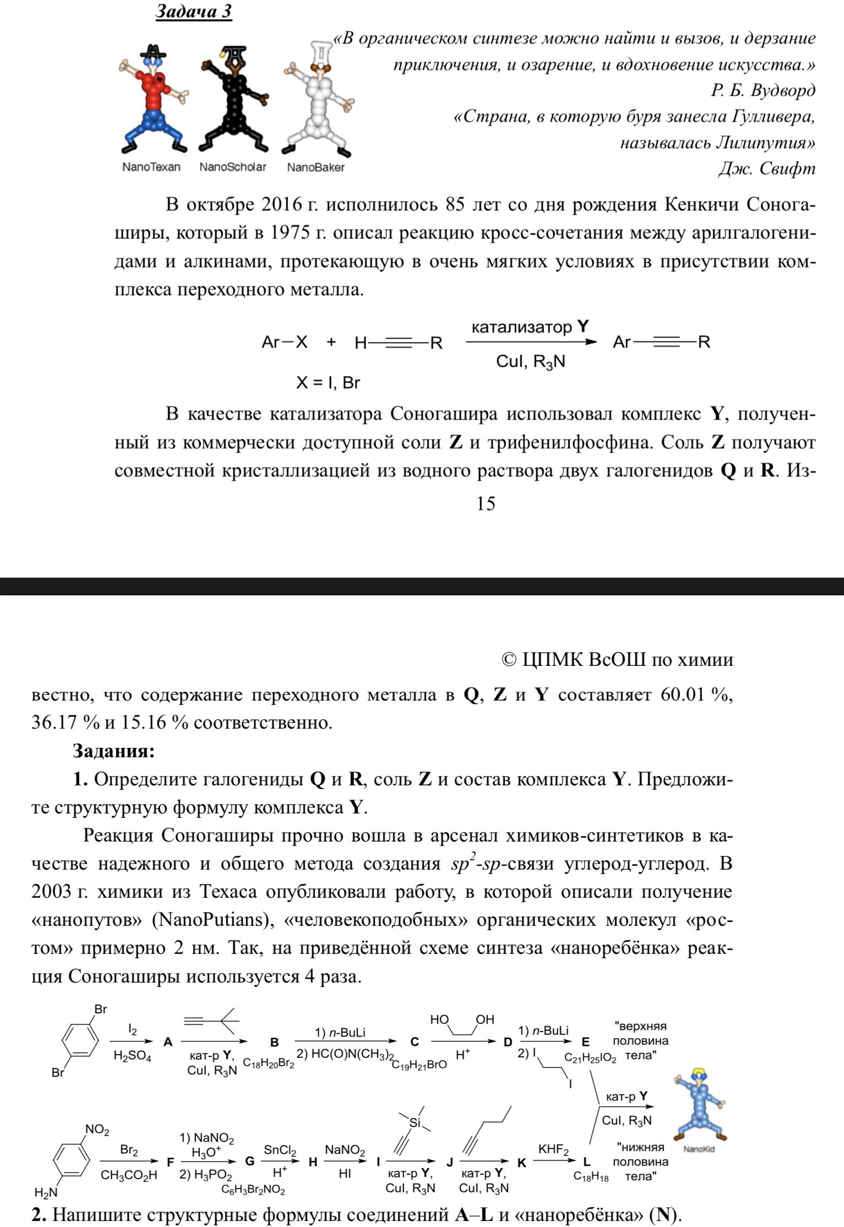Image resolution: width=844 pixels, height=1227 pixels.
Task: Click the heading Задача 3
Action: tap(193, 12)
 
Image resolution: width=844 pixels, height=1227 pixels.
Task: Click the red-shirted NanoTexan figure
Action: tap(153, 99)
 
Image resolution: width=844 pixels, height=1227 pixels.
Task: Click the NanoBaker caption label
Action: tap(315, 167)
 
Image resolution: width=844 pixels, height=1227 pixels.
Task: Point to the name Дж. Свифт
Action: tap(766, 168)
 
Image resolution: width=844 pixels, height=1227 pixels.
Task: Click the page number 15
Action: tap(486, 503)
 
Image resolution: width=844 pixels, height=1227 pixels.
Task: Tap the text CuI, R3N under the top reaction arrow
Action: tap(530, 362)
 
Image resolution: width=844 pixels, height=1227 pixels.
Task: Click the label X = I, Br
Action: tap(328, 382)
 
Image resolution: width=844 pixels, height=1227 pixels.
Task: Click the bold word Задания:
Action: tap(114, 751)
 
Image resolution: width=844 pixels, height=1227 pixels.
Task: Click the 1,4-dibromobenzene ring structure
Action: tap(80, 1041)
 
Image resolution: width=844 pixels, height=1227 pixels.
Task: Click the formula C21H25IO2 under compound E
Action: tap(590, 1057)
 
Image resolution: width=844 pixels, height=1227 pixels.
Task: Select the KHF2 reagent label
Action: tap(553, 1149)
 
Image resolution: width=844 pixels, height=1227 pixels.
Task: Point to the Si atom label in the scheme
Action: tap(414, 1122)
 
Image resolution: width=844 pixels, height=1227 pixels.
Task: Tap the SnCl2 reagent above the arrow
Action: tap(280, 1149)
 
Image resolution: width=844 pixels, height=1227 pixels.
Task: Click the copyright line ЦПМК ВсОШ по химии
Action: tap(617, 660)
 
